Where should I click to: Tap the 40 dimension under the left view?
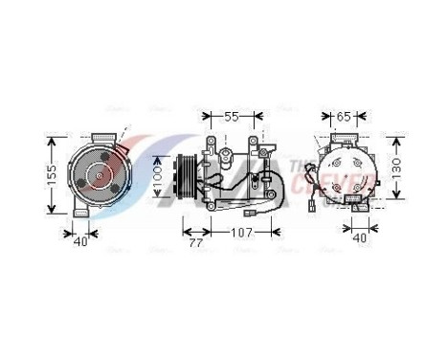coord(80,242)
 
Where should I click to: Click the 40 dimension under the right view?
coord(359,237)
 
